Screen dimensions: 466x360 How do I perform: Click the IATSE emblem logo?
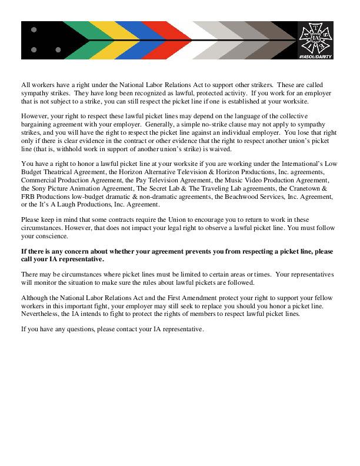click(x=316, y=36)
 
